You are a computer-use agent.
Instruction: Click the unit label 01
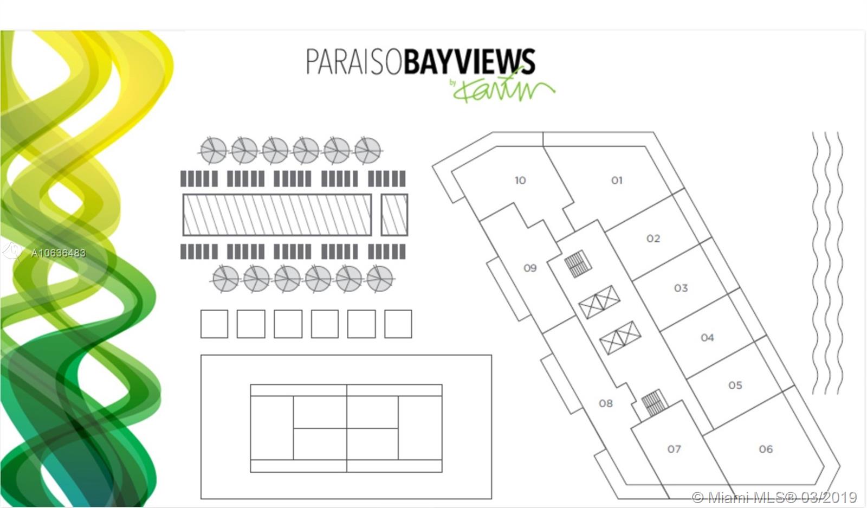[617, 180]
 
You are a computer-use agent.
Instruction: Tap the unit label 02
[653, 239]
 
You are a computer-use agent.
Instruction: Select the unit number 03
[681, 288]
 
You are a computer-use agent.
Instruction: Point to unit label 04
[707, 338]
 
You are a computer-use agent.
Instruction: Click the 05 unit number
[735, 385]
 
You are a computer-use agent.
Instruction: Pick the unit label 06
[766, 449]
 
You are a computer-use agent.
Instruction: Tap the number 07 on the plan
[674, 449]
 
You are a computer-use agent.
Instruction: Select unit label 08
[605, 403]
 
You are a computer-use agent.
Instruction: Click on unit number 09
[529, 268]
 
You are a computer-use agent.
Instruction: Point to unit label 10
[520, 180]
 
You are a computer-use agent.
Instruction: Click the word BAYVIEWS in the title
[469, 61]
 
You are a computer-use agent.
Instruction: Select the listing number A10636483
[58, 253]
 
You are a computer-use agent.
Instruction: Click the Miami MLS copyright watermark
[774, 497]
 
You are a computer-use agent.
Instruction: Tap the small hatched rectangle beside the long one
[394, 215]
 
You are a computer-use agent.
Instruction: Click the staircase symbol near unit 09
[577, 263]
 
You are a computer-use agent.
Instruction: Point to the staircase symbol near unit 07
[653, 402]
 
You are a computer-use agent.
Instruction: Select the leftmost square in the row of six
[214, 324]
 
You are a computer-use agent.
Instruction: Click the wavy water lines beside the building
[827, 263]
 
